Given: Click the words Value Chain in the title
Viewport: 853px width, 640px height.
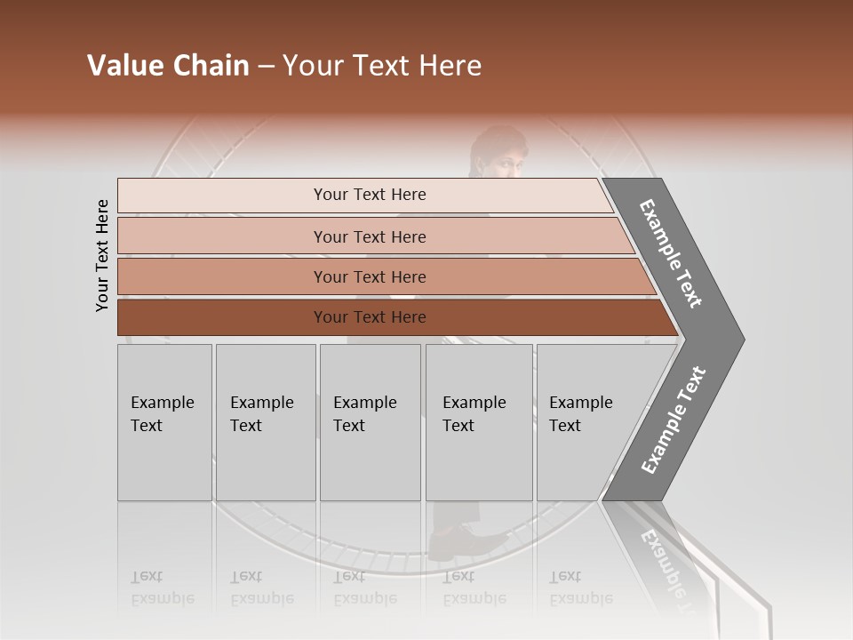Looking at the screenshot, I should pyautogui.click(x=168, y=66).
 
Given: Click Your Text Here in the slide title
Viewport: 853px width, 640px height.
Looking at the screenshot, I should pyautogui.click(x=382, y=66).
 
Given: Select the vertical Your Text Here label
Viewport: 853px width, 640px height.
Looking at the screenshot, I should pyautogui.click(x=102, y=255).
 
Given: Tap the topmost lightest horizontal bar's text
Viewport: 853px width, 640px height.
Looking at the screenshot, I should pyautogui.click(x=370, y=195).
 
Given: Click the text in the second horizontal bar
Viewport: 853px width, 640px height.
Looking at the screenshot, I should pyautogui.click(x=370, y=237).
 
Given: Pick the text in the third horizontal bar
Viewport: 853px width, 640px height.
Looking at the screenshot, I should pyautogui.click(x=370, y=277).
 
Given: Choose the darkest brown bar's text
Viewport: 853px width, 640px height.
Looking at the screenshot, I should pyautogui.click(x=370, y=317).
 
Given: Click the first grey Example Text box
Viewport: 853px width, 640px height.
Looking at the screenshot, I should pyautogui.click(x=164, y=421).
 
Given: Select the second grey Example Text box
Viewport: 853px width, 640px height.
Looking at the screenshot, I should pyautogui.click(x=265, y=421).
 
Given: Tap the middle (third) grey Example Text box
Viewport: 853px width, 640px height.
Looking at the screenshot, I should pyautogui.click(x=369, y=421).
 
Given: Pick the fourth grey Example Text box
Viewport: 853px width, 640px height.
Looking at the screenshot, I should pyautogui.click(x=478, y=421).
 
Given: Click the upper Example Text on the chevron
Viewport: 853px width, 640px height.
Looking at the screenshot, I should pyautogui.click(x=671, y=253).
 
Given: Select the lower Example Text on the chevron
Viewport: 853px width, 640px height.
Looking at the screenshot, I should pyautogui.click(x=674, y=420).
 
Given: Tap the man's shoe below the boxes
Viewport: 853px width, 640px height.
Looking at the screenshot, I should pyautogui.click(x=455, y=541).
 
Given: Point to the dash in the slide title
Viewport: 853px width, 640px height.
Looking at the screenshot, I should pyautogui.click(x=266, y=67).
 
